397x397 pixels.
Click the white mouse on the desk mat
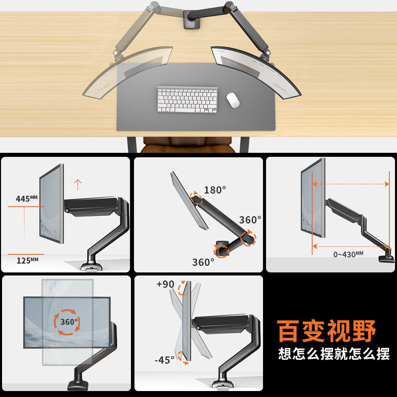point(233,100)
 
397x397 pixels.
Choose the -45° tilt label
point(164,359)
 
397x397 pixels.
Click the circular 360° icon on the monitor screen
point(66,322)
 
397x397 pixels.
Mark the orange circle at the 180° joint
point(197,199)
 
